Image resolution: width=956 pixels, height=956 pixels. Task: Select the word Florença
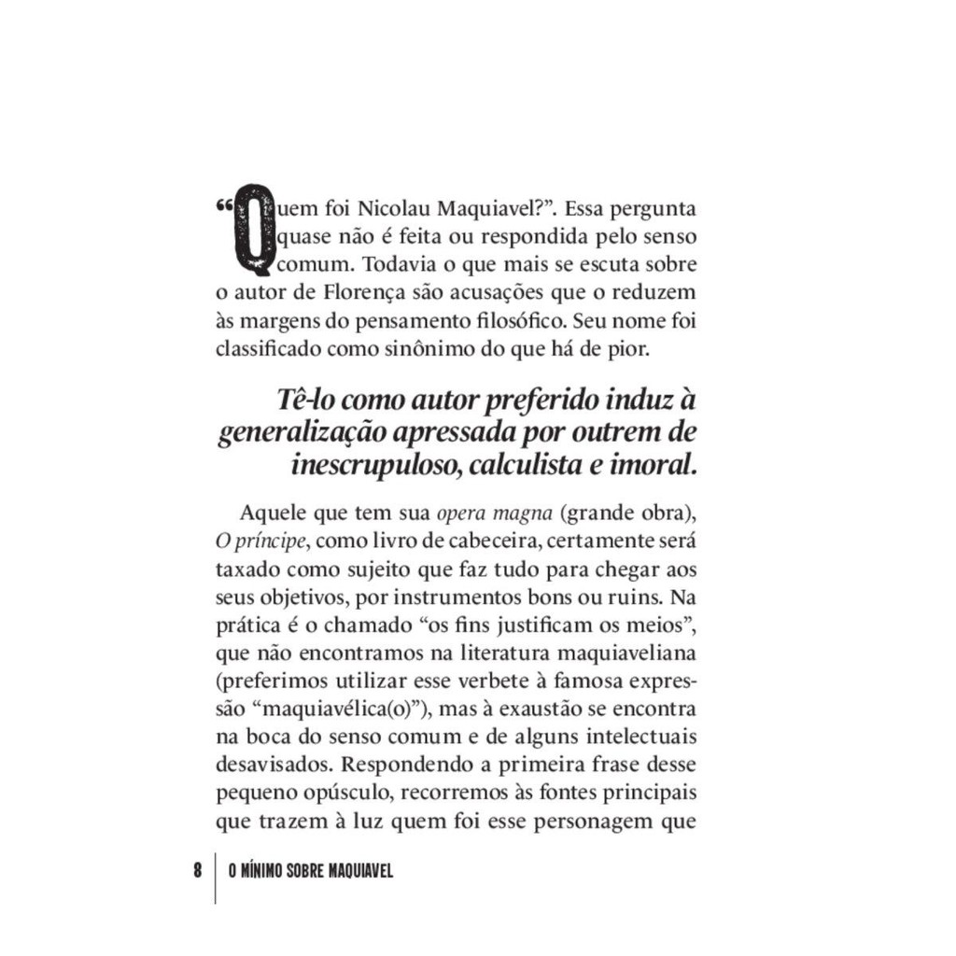pos(366,293)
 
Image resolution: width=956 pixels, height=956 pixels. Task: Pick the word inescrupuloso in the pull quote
pos(378,464)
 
